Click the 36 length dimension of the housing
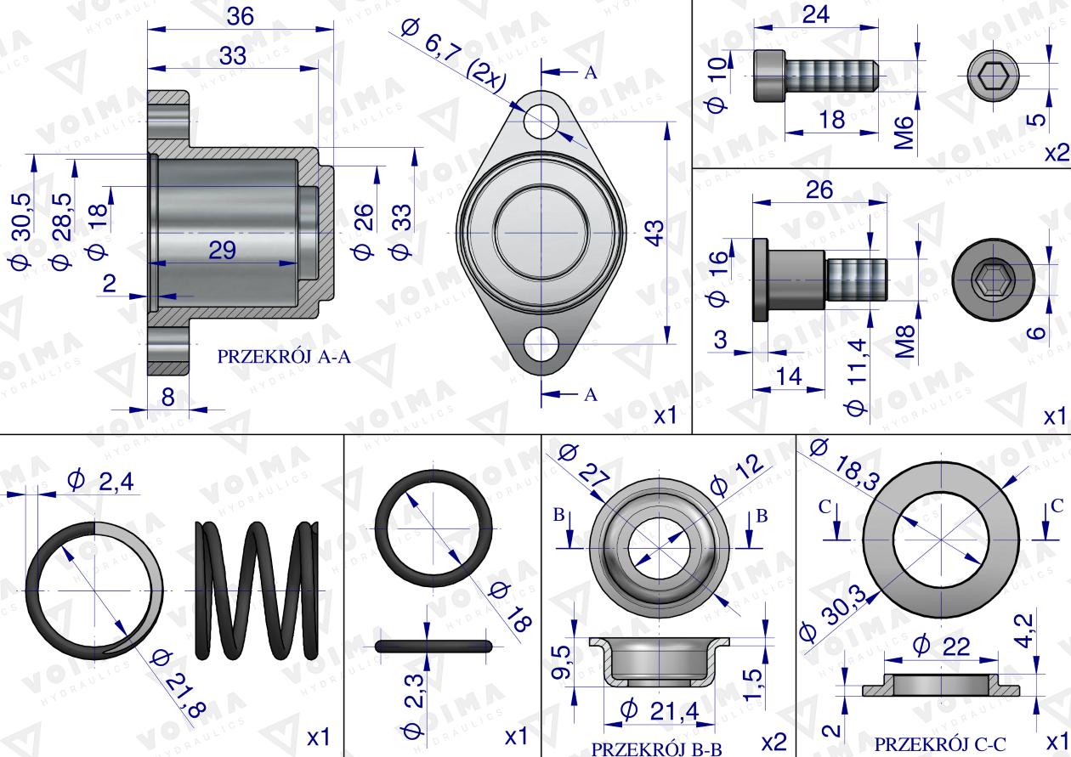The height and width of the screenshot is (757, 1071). point(240,17)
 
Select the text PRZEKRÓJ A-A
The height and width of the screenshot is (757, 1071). point(284,357)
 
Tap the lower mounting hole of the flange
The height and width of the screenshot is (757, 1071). point(541,344)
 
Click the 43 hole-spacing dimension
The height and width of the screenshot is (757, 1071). point(656,233)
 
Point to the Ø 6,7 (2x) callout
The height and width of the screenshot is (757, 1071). point(452,55)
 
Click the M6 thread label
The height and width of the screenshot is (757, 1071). point(904,133)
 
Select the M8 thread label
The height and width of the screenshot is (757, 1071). point(904,342)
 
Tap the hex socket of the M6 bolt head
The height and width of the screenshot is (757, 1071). point(993,76)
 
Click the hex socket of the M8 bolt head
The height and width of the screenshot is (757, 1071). point(993,280)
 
